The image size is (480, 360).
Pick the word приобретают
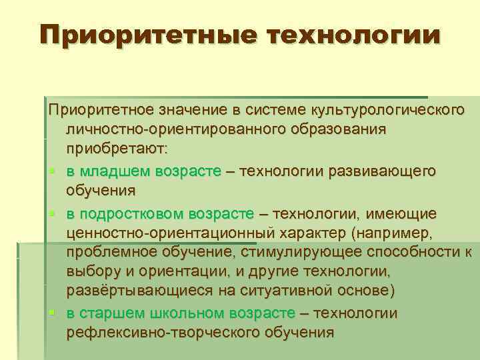(118, 147)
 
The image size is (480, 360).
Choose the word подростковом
(133, 214)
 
